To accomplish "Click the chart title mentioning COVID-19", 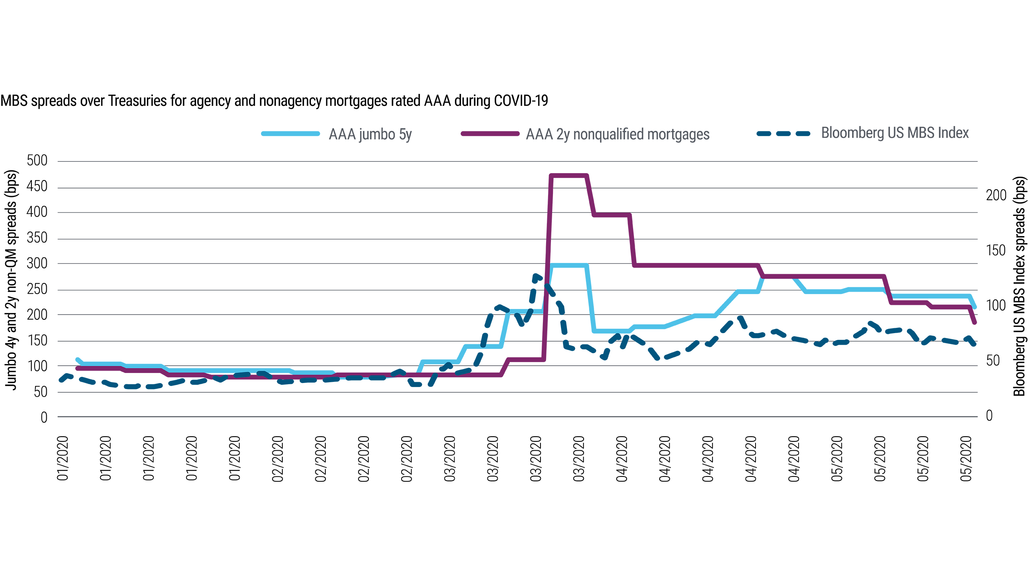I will [x=274, y=101].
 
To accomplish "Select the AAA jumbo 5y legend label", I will [x=370, y=134].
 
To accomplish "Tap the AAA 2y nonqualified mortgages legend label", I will [x=617, y=134].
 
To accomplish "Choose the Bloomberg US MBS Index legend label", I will [x=895, y=133].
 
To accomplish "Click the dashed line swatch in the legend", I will [x=784, y=133].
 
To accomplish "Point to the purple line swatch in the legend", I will [x=490, y=134].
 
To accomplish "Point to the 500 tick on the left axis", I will [x=37, y=161].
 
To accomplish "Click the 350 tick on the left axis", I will [x=37, y=238].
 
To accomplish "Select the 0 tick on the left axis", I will [x=44, y=418].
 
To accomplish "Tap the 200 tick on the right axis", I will [x=996, y=195].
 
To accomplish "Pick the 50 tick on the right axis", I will [x=993, y=361].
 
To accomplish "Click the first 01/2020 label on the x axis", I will [x=63, y=458].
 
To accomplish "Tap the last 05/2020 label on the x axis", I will [x=966, y=458].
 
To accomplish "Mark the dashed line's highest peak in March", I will [x=536, y=275].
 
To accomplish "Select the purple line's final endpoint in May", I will [x=975, y=323].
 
